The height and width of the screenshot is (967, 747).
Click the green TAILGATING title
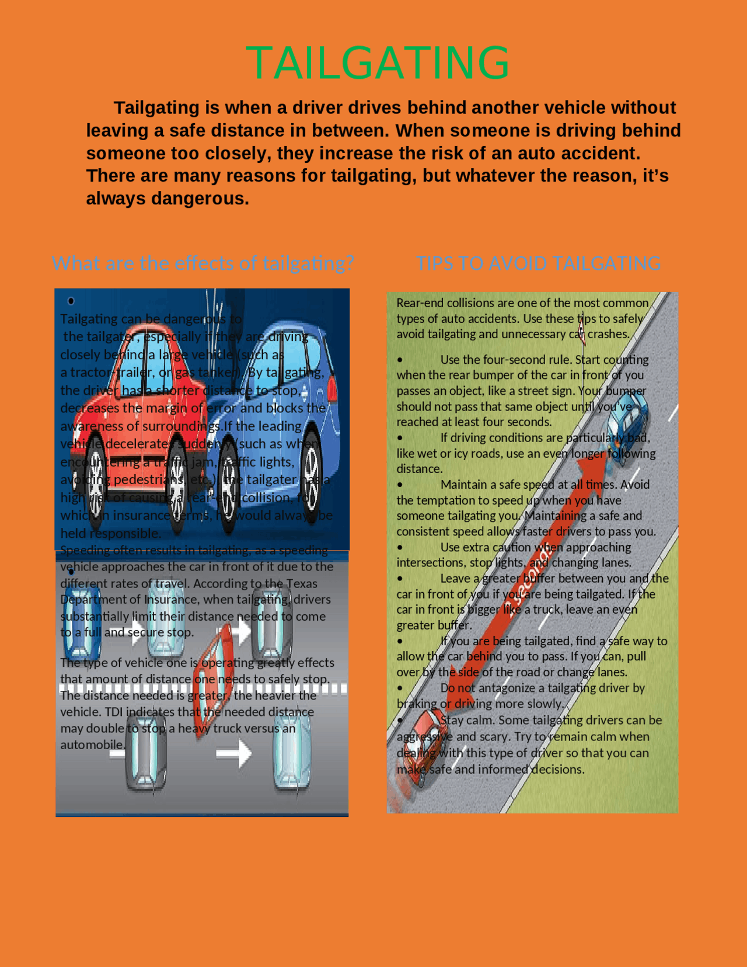(x=378, y=63)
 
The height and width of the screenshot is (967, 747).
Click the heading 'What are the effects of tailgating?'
(x=203, y=263)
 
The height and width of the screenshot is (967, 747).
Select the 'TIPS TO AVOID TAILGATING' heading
(x=538, y=263)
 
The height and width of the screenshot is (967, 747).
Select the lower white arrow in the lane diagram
(x=233, y=753)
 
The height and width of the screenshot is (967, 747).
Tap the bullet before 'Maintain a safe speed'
(x=400, y=485)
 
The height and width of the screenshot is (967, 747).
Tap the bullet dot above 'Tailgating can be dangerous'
(x=71, y=301)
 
